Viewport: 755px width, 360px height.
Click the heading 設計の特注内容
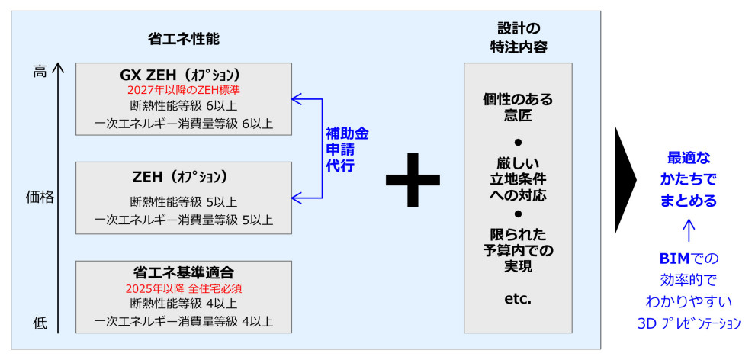(x=518, y=37)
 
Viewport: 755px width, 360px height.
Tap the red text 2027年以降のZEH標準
(x=183, y=90)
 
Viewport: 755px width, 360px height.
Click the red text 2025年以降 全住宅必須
(x=183, y=289)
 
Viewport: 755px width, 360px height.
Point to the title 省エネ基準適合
(x=183, y=272)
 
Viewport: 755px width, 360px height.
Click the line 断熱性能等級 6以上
(x=183, y=105)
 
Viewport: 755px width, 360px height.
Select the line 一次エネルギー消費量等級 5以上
(x=183, y=220)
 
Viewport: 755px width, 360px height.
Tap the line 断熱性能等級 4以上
(x=183, y=304)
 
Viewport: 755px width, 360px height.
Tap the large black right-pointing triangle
(x=625, y=179)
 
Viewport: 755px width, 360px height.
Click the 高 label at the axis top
(x=40, y=72)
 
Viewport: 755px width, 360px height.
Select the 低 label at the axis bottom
(x=40, y=323)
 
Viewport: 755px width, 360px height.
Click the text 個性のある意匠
(x=518, y=108)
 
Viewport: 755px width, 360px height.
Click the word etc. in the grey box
(x=518, y=299)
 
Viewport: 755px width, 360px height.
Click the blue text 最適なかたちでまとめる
(x=688, y=180)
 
